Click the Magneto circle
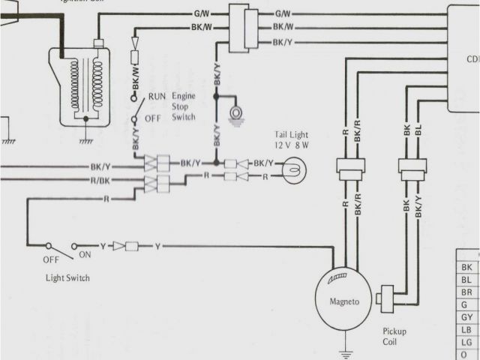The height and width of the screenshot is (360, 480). click(x=343, y=301)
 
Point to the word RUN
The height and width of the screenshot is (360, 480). click(x=157, y=97)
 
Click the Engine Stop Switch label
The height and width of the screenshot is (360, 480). click(x=184, y=106)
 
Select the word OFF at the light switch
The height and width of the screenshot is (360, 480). click(x=50, y=260)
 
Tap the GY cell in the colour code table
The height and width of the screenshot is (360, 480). click(x=466, y=317)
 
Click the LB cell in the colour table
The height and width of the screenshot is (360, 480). click(x=466, y=330)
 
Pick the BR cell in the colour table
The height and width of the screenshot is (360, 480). click(x=466, y=292)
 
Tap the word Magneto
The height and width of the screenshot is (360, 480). click(x=345, y=301)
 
